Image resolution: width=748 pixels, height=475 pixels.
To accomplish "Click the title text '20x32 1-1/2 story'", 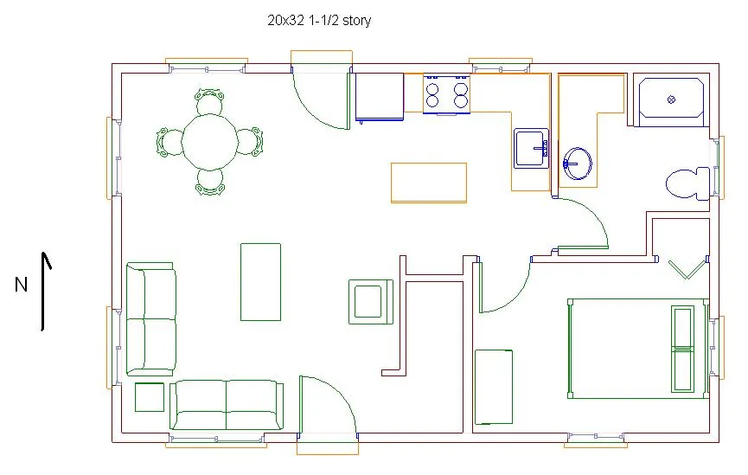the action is tap(319, 21).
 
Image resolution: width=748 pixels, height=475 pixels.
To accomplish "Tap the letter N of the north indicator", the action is tap(21, 285).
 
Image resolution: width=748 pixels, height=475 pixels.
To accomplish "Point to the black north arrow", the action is tap(44, 292).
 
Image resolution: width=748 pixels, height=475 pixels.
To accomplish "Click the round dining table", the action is tap(210, 141).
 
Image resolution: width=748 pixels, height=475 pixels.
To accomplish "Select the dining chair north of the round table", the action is tap(209, 100).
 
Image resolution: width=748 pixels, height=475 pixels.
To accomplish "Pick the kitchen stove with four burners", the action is tap(446, 94).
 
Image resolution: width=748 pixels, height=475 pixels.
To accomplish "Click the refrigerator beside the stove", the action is tap(380, 97).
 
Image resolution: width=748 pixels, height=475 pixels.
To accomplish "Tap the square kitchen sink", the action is tap(531, 148).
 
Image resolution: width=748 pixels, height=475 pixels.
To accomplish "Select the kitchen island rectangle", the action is tap(429, 183).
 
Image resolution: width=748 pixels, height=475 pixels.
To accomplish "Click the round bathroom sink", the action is tap(578, 164).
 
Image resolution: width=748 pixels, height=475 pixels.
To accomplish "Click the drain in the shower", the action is tap(671, 99).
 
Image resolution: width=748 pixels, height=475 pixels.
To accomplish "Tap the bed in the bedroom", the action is tap(638, 349).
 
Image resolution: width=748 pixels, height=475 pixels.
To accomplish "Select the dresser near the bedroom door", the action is tap(494, 387).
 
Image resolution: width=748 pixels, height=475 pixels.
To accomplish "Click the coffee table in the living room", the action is tap(260, 282).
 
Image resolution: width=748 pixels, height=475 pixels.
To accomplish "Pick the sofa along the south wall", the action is tap(226, 405).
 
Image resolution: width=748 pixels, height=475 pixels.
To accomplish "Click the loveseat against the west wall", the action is tap(151, 319).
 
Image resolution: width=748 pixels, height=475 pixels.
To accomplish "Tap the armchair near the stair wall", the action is tap(371, 302).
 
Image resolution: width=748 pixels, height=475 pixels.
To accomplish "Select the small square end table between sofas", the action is tap(150, 397).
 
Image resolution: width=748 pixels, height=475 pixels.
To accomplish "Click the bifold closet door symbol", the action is tap(687, 269).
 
